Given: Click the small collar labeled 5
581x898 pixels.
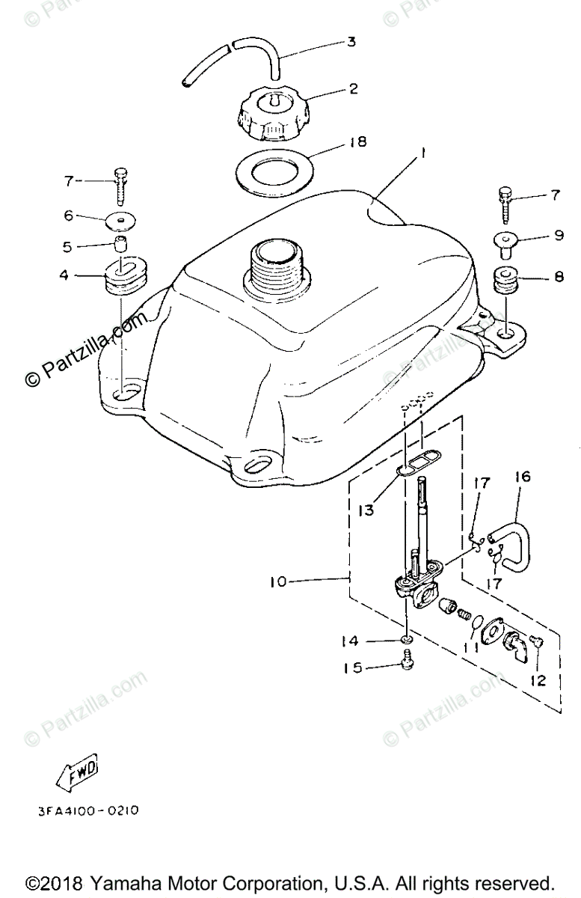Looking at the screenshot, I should [120, 244].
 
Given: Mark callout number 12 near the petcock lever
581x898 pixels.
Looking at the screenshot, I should [538, 681].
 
